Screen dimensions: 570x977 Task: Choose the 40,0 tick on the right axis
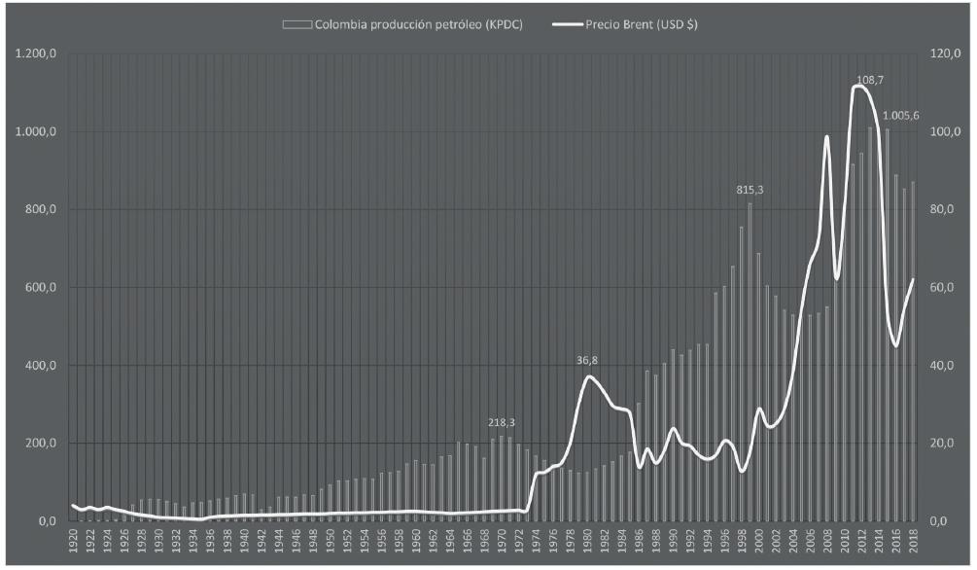tap(944, 365)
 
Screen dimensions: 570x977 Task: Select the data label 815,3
tap(750, 191)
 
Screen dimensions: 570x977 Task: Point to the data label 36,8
tap(587, 360)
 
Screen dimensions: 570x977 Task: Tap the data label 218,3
tap(502, 423)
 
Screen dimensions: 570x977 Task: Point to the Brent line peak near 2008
tap(826, 136)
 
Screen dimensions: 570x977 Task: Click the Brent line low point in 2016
tap(895, 345)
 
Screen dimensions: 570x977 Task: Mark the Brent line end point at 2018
tap(913, 279)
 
